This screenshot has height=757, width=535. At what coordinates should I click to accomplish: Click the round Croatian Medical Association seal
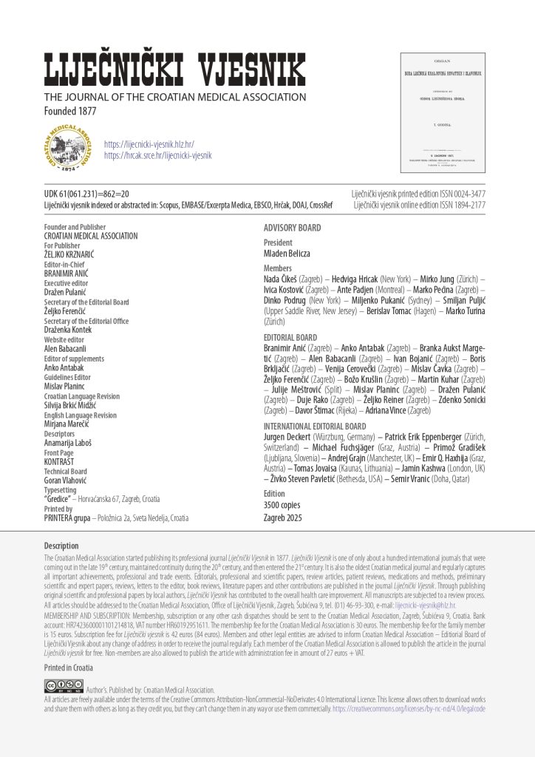[x=69, y=149]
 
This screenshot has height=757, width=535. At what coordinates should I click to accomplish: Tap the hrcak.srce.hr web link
[x=157, y=155]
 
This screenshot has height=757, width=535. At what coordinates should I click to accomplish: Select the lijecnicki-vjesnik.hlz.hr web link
[x=149, y=144]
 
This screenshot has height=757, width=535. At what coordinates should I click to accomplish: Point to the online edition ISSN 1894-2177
[x=419, y=204]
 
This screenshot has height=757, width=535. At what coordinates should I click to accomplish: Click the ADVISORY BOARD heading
[x=293, y=228]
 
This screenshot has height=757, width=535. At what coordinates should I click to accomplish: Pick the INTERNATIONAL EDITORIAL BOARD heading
[x=315, y=427]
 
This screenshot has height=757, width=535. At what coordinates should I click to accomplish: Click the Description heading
[x=61, y=546]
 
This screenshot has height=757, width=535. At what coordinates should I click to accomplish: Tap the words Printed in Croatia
[x=69, y=668]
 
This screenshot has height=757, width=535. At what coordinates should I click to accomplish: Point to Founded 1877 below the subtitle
[x=70, y=111]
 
